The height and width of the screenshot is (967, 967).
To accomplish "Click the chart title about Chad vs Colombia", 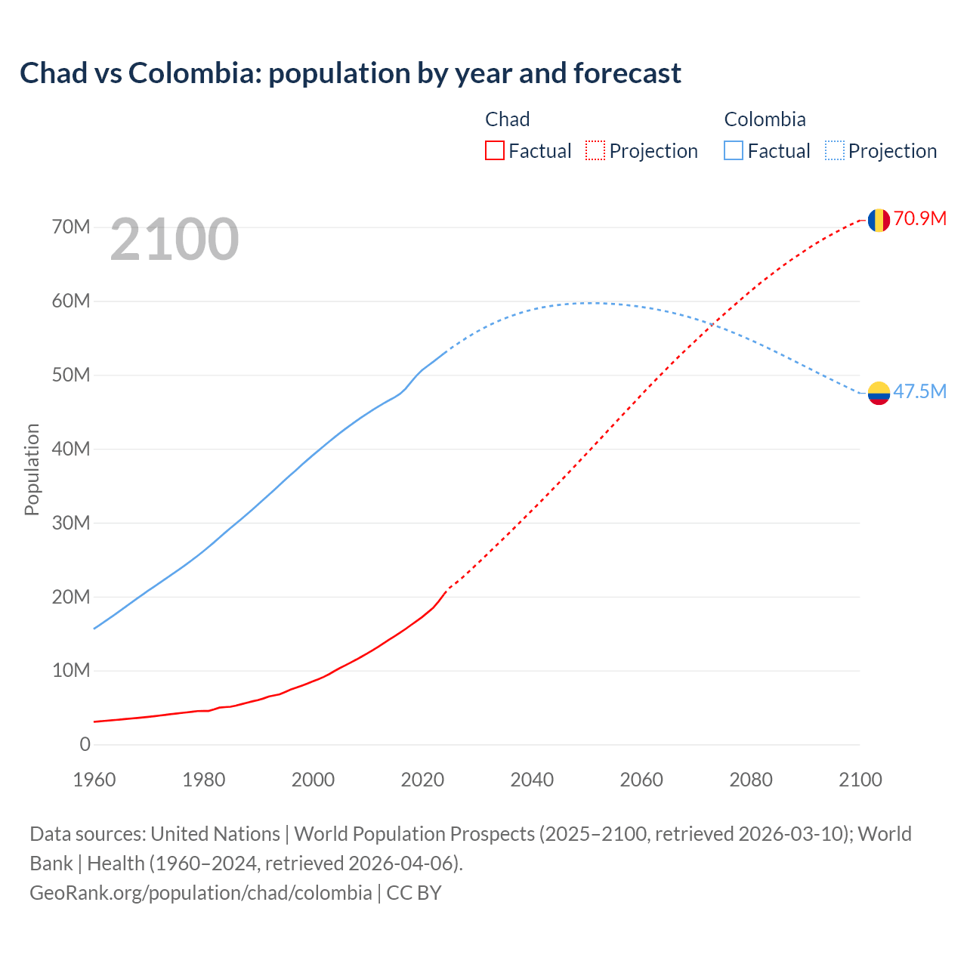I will (351, 73).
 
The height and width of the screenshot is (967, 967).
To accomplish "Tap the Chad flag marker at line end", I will (879, 220).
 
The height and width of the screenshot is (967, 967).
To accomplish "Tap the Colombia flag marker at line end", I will (879, 393).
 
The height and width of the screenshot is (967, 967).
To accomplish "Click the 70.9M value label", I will (920, 219).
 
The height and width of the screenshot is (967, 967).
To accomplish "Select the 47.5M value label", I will (920, 391).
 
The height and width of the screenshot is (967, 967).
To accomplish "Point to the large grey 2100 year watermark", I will (175, 239).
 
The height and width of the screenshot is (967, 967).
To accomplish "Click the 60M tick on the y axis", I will (71, 301).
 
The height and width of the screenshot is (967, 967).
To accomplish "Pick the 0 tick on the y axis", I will (85, 745).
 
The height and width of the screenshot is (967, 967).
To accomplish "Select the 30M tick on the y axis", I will (71, 523).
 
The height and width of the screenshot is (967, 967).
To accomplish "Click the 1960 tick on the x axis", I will (94, 780).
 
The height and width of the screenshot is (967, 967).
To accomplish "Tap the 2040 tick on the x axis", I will (532, 780).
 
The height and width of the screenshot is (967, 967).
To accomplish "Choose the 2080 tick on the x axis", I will (751, 780).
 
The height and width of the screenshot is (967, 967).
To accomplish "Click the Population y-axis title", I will (32, 469).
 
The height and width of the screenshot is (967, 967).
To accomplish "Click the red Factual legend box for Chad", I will (495, 151).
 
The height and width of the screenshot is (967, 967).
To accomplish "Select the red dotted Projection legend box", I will (595, 151).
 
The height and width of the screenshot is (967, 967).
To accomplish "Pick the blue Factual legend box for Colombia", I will (734, 151).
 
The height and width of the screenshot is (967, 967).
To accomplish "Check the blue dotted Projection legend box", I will (835, 151).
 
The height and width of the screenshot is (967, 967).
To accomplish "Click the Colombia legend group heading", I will (765, 119).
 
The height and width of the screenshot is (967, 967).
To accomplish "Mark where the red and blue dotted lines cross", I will (713, 325).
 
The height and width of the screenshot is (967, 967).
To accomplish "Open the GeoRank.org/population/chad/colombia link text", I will (200, 893).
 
